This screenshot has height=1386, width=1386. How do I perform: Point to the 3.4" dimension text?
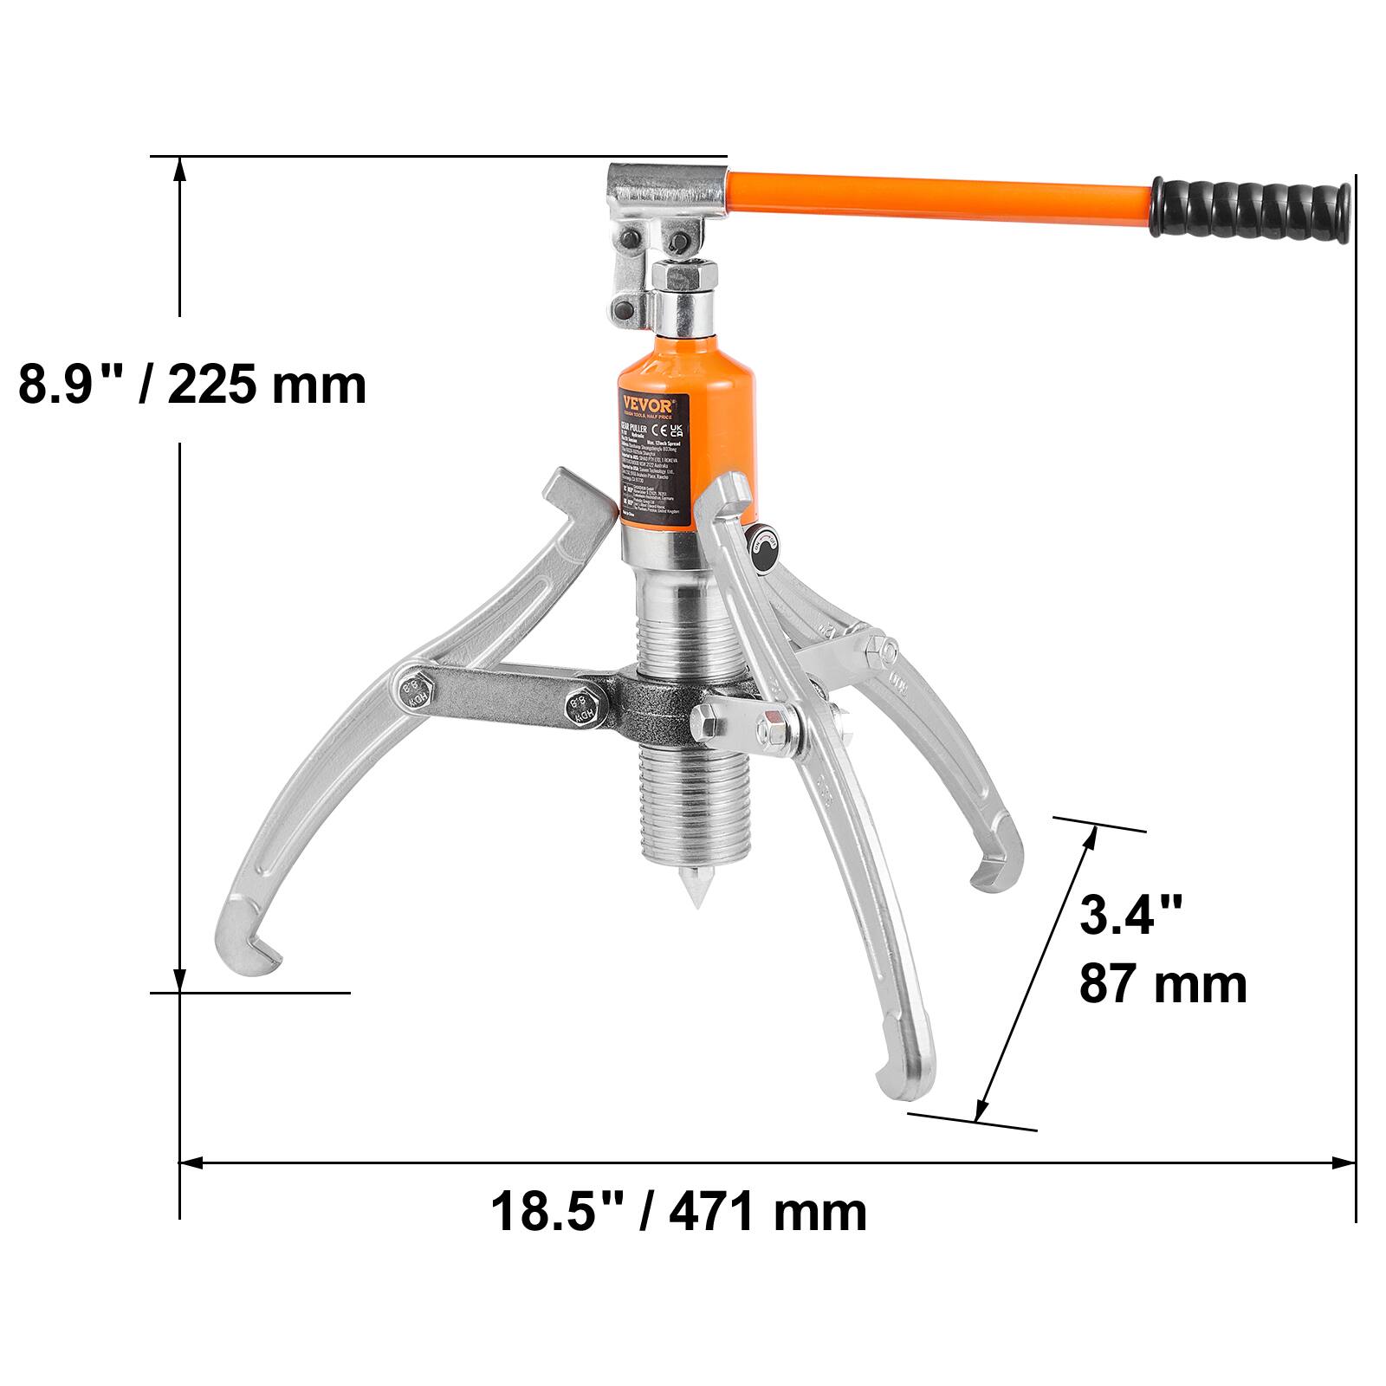[1130, 915]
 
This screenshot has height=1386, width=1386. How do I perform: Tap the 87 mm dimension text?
[1163, 984]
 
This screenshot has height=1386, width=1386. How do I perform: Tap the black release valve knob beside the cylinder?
[765, 547]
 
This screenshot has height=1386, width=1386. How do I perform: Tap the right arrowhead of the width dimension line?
[1345, 1163]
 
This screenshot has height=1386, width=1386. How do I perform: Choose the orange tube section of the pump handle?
[936, 199]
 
